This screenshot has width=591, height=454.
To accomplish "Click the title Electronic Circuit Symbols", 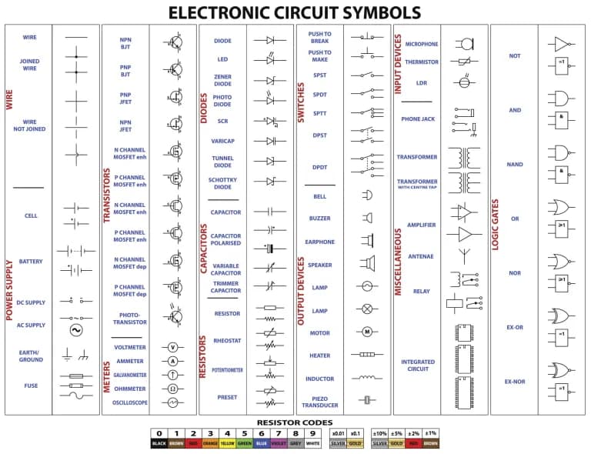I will pyautogui.click(x=295, y=12).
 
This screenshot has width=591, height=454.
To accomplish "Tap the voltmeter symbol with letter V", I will pyautogui.click(x=173, y=347).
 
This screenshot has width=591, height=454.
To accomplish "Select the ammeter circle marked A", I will pyautogui.click(x=173, y=361).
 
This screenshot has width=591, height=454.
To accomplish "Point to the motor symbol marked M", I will pyautogui.click(x=367, y=332).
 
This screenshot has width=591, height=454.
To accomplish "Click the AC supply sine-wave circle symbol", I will pyautogui.click(x=76, y=330).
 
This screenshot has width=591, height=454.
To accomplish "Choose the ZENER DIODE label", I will pyautogui.click(x=222, y=81).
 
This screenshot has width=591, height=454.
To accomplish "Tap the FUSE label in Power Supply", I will pyautogui.click(x=31, y=386).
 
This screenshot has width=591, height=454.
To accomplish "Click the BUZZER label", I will pyautogui.click(x=320, y=219).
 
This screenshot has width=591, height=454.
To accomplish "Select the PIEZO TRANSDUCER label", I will pyautogui.click(x=320, y=401).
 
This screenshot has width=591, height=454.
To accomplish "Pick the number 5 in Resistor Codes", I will pyautogui.click(x=244, y=433).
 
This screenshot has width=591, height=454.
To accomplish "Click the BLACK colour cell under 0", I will pyautogui.click(x=159, y=444).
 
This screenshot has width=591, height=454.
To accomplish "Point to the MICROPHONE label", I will pyautogui.click(x=422, y=44).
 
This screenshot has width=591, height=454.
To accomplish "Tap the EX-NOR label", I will pyautogui.click(x=514, y=382).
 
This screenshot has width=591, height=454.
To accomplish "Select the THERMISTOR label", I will pyautogui.click(x=422, y=62).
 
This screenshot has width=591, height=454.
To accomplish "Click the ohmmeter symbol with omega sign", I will pyautogui.click(x=173, y=389).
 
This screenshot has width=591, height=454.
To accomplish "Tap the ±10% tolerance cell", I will pyautogui.click(x=379, y=433).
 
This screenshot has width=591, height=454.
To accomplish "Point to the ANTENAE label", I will pyautogui.click(x=420, y=256).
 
